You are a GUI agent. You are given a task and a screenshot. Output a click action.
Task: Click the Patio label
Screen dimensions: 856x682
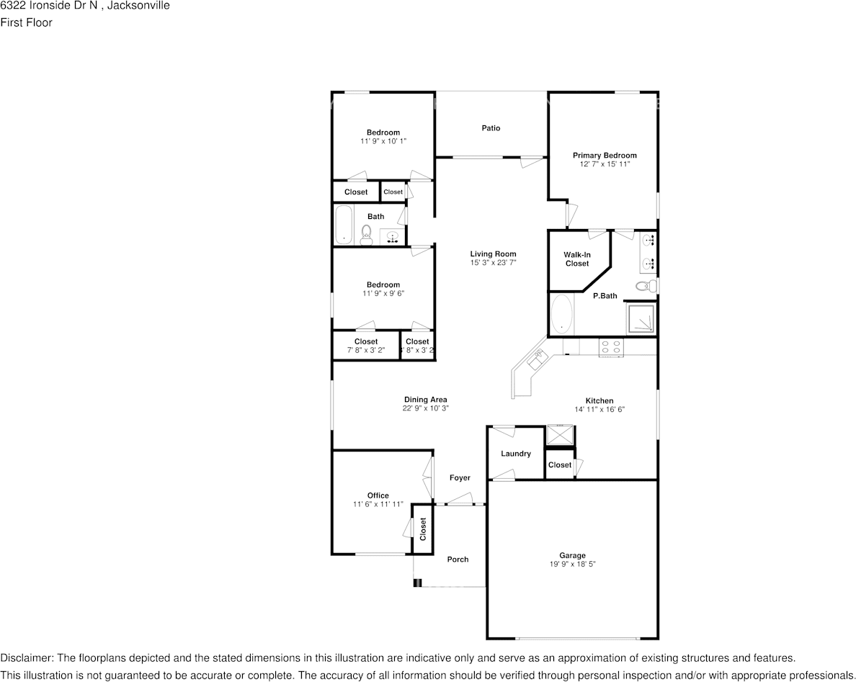click(x=491, y=128)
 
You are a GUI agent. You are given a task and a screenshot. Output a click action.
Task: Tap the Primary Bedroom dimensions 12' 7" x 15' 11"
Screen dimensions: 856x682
click(x=605, y=164)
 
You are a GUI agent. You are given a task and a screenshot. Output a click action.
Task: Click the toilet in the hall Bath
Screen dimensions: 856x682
click(x=366, y=233)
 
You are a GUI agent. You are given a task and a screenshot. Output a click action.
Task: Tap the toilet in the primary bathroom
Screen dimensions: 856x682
click(x=646, y=287)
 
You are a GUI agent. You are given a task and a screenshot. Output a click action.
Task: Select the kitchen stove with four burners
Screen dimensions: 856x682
click(x=611, y=346)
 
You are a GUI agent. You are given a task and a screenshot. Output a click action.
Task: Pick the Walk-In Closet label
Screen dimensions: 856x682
click(x=576, y=259)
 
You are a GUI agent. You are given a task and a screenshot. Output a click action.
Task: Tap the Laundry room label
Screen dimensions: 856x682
click(x=516, y=454)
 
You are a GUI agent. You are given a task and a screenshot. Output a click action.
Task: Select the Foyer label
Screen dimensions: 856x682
click(x=460, y=478)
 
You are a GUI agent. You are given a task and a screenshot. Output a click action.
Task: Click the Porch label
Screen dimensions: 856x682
click(x=458, y=560)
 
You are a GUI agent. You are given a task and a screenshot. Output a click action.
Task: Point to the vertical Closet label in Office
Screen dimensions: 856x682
click(x=423, y=529)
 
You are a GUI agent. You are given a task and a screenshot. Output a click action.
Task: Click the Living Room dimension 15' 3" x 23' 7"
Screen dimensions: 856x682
click(x=493, y=263)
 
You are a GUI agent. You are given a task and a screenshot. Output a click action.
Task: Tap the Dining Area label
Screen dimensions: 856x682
click(x=425, y=400)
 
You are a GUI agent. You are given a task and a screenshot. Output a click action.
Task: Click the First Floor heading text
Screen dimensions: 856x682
click(x=26, y=22)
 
